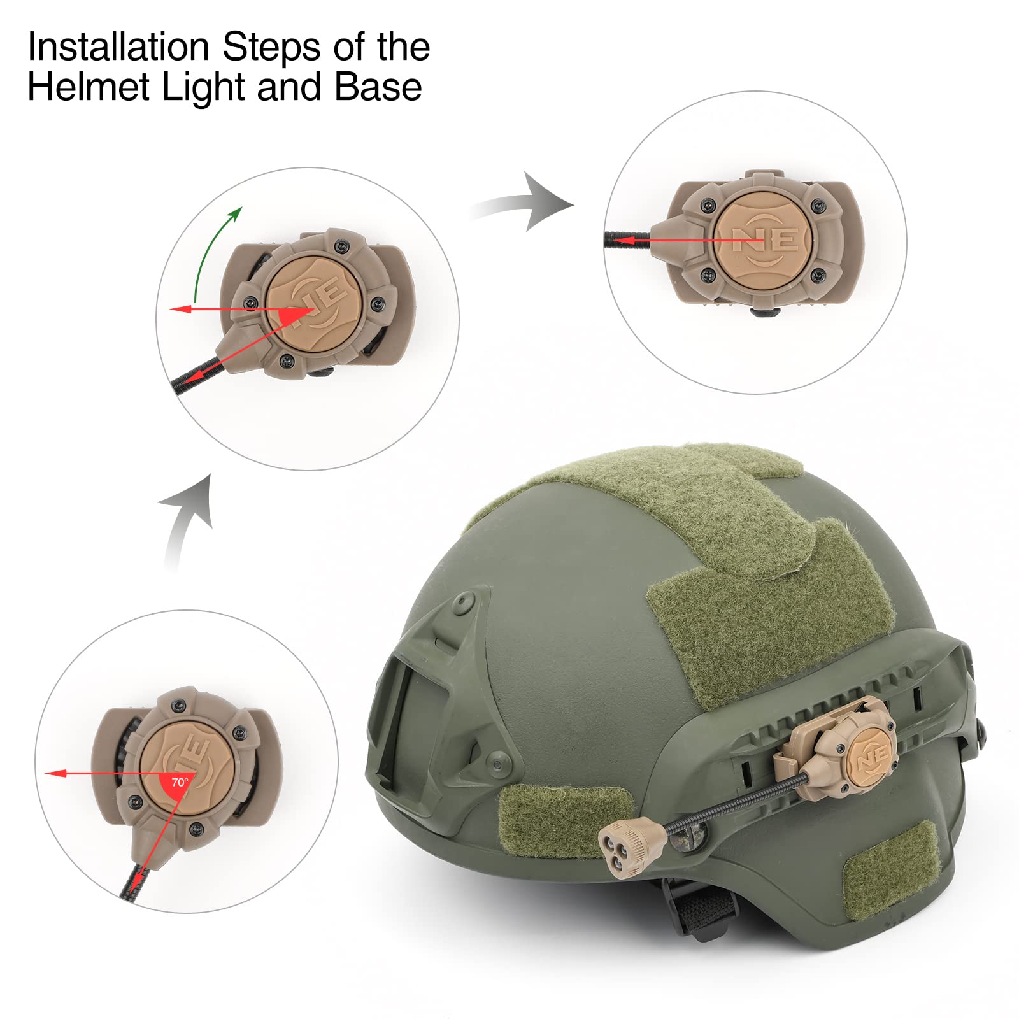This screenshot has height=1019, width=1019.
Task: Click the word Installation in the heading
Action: [x=118, y=47]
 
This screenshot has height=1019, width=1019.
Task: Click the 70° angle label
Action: [x=180, y=782]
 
